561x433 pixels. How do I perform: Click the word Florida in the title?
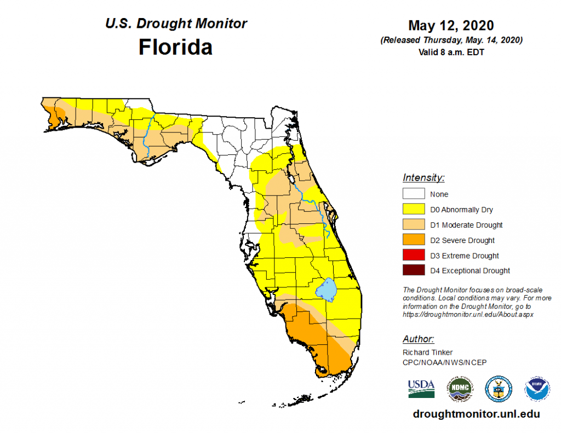(175, 47)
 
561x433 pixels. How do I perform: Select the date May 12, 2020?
(451, 25)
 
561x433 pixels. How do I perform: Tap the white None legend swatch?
(414, 194)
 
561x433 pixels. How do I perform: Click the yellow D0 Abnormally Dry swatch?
(414, 209)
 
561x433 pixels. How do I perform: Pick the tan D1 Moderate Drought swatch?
(414, 224)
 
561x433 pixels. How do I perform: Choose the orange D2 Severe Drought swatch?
(414, 240)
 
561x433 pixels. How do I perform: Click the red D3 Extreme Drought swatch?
(414, 255)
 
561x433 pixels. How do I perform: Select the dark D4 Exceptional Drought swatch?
(414, 270)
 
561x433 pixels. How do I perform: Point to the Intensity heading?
(423, 178)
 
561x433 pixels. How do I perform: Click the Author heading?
(419, 339)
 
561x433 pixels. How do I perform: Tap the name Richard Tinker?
(428, 353)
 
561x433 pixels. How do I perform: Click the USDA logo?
(421, 388)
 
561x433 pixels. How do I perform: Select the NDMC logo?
(460, 388)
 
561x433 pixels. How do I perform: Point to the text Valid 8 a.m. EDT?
(451, 53)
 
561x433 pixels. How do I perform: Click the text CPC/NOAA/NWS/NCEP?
(444, 362)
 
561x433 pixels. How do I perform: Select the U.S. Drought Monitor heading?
(175, 24)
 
